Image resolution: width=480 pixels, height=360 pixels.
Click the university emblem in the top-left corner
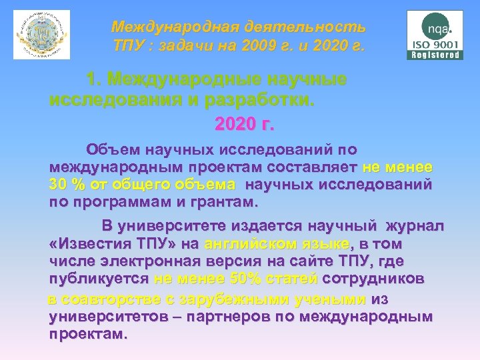[x=43, y=33]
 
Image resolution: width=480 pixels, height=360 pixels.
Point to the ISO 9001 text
[x=435, y=45]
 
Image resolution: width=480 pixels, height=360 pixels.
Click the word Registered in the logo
[x=435, y=55]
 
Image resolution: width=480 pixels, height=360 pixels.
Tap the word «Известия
[x=88, y=243]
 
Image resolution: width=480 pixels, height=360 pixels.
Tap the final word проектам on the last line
[x=87, y=333]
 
